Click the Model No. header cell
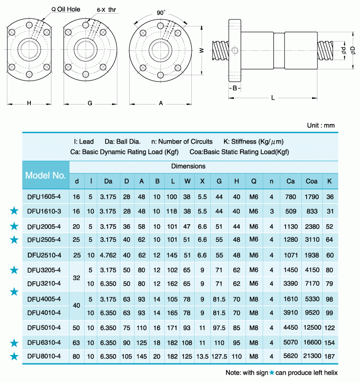tap(45, 175)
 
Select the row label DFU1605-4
tap(45, 197)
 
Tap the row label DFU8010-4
tap(45, 357)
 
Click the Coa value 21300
tap(312, 357)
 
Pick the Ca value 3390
tap(291, 284)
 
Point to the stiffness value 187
tap(330, 357)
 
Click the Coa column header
tap(312, 181)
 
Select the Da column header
tap(108, 181)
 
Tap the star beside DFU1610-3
tap(14, 211)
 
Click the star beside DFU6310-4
tap(14, 342)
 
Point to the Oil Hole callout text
tap(67, 9)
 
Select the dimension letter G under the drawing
tap(90, 103)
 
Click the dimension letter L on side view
tap(273, 98)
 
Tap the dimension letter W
tap(201, 50)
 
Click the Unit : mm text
tap(321, 125)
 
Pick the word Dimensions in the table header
tap(188, 166)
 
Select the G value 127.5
tap(219, 357)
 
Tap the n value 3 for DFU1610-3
tap(271, 212)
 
